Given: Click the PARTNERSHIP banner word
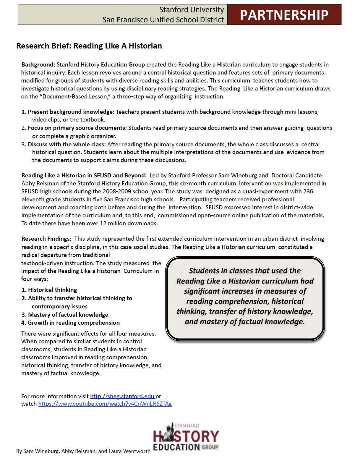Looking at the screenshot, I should tap(284, 15).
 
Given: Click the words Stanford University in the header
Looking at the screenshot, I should tap(192, 10).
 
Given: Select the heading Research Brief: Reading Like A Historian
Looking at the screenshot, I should tap(89, 46).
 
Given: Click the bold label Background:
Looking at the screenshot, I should tap(38, 64).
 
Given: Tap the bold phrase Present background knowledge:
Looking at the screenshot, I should tap(71, 112).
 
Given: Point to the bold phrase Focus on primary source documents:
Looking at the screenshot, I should tap(77, 128).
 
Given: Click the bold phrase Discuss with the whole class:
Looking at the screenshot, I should tap(67, 144).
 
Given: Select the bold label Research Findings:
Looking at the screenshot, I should tap(46, 239).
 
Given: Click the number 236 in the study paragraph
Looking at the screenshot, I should tap(308, 191).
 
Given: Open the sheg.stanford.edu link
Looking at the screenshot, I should tap(122, 396).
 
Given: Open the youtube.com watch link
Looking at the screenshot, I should tap(105, 404).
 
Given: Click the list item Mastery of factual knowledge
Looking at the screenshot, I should tap(68, 315).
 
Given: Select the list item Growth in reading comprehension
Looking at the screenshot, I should tap(74, 323).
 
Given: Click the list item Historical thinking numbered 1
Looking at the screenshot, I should tap(52, 290).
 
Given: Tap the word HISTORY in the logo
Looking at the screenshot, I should tap(186, 436).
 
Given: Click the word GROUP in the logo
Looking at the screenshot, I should tap(210, 447).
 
